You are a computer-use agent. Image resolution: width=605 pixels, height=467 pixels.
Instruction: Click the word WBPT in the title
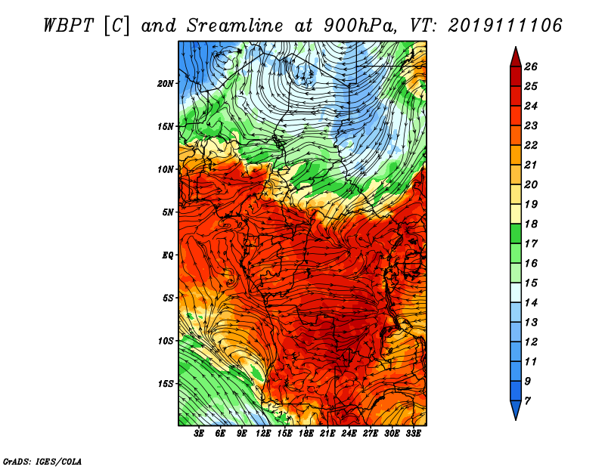point(68,26)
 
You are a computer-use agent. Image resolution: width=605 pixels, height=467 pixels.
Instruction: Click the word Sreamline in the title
point(235,26)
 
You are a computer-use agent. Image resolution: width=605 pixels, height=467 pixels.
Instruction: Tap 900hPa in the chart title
point(360,26)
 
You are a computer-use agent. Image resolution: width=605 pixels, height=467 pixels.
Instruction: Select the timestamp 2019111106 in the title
point(505,26)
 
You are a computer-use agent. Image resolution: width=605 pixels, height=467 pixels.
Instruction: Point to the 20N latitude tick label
point(165,84)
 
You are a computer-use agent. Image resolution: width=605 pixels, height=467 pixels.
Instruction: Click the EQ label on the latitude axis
point(167,255)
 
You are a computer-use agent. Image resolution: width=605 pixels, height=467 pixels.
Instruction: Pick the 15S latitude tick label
point(165,384)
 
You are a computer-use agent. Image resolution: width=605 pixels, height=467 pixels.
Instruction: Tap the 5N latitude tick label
point(167,212)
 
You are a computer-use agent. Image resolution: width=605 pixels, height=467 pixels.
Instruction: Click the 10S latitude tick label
point(165,342)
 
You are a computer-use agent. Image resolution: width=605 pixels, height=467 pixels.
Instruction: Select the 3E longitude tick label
point(199,434)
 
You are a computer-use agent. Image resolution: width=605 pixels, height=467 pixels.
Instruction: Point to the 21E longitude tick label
point(327,434)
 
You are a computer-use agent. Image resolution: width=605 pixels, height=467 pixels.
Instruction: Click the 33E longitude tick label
point(413,434)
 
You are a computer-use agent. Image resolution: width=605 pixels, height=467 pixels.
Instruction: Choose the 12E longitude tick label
point(263,434)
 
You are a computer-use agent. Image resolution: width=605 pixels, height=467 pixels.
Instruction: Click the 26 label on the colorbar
point(531,67)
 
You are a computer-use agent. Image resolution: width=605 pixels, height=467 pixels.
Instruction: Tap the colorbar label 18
point(531,224)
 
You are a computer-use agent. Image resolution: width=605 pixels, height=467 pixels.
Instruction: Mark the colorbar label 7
point(527,401)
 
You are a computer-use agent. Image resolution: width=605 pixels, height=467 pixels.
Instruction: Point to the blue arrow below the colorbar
point(516,410)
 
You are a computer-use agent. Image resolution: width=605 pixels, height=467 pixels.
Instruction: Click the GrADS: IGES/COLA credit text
point(42,462)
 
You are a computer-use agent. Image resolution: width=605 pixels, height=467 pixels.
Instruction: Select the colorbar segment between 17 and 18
point(516,233)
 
